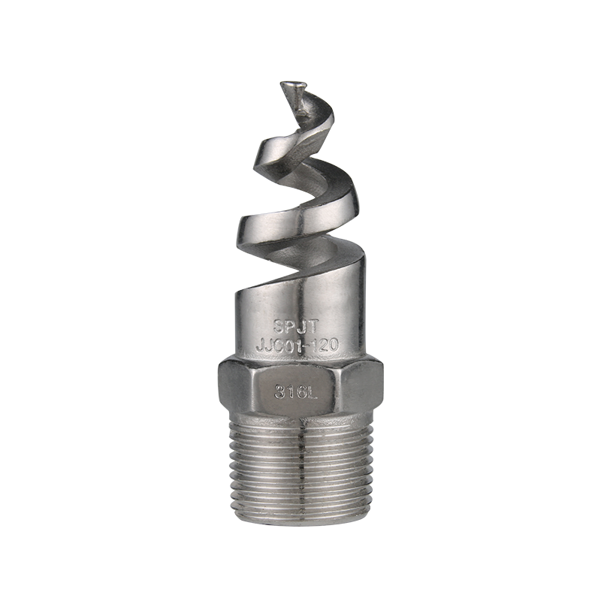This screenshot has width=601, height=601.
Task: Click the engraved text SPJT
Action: pos(295,327)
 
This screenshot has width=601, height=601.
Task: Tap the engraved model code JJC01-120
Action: pos(297,346)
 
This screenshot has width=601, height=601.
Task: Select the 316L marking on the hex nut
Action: pos(296,391)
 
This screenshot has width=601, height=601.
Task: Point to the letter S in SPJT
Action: pos(278,327)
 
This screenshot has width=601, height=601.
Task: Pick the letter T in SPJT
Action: pos(313,327)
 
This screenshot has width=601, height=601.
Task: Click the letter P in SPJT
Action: pos(291,327)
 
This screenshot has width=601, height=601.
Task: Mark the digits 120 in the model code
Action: pos(325,346)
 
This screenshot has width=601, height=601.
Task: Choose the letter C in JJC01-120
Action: pos(279,346)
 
